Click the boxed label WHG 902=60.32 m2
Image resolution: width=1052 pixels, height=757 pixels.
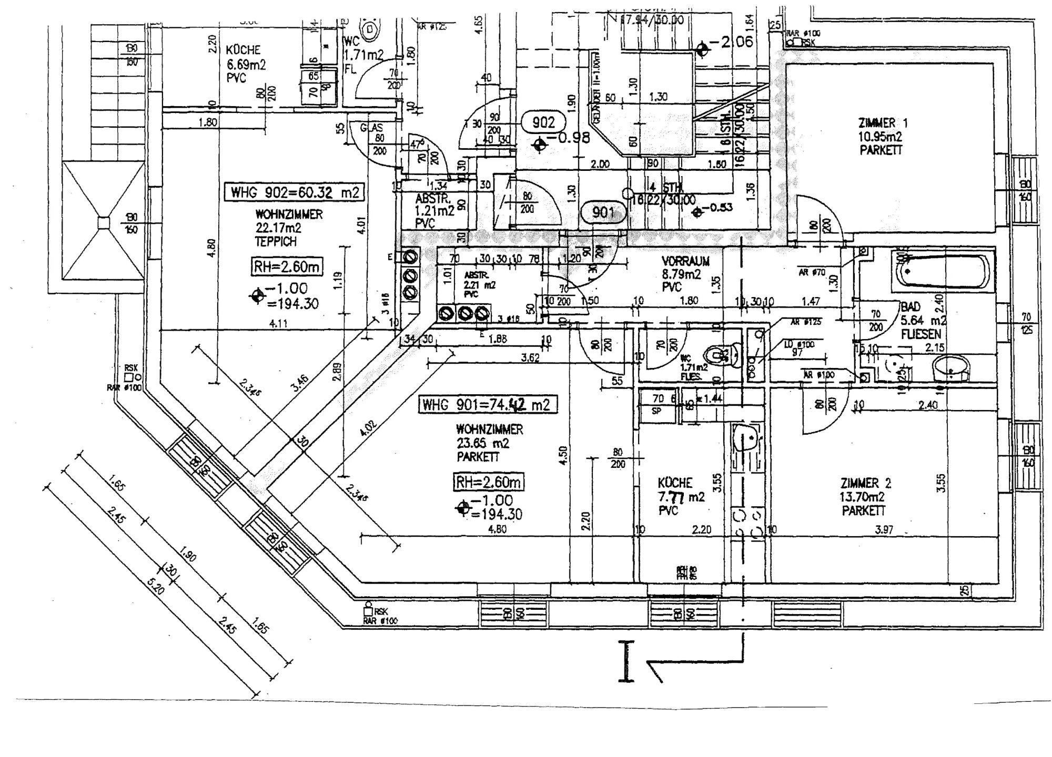(295, 192)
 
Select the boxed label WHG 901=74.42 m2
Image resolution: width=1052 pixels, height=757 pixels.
(487, 404)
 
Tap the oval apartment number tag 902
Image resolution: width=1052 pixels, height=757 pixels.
(543, 122)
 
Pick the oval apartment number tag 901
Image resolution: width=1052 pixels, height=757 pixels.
(603, 212)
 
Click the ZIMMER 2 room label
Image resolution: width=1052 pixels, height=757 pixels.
(865, 496)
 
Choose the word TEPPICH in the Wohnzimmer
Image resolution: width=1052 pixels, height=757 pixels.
(276, 242)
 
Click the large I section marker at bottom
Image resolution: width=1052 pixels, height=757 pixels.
(626, 661)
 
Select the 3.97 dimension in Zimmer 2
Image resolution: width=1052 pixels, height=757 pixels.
(884, 530)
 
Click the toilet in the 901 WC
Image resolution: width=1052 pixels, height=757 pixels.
(721, 356)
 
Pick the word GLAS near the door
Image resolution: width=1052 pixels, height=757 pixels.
(372, 128)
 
